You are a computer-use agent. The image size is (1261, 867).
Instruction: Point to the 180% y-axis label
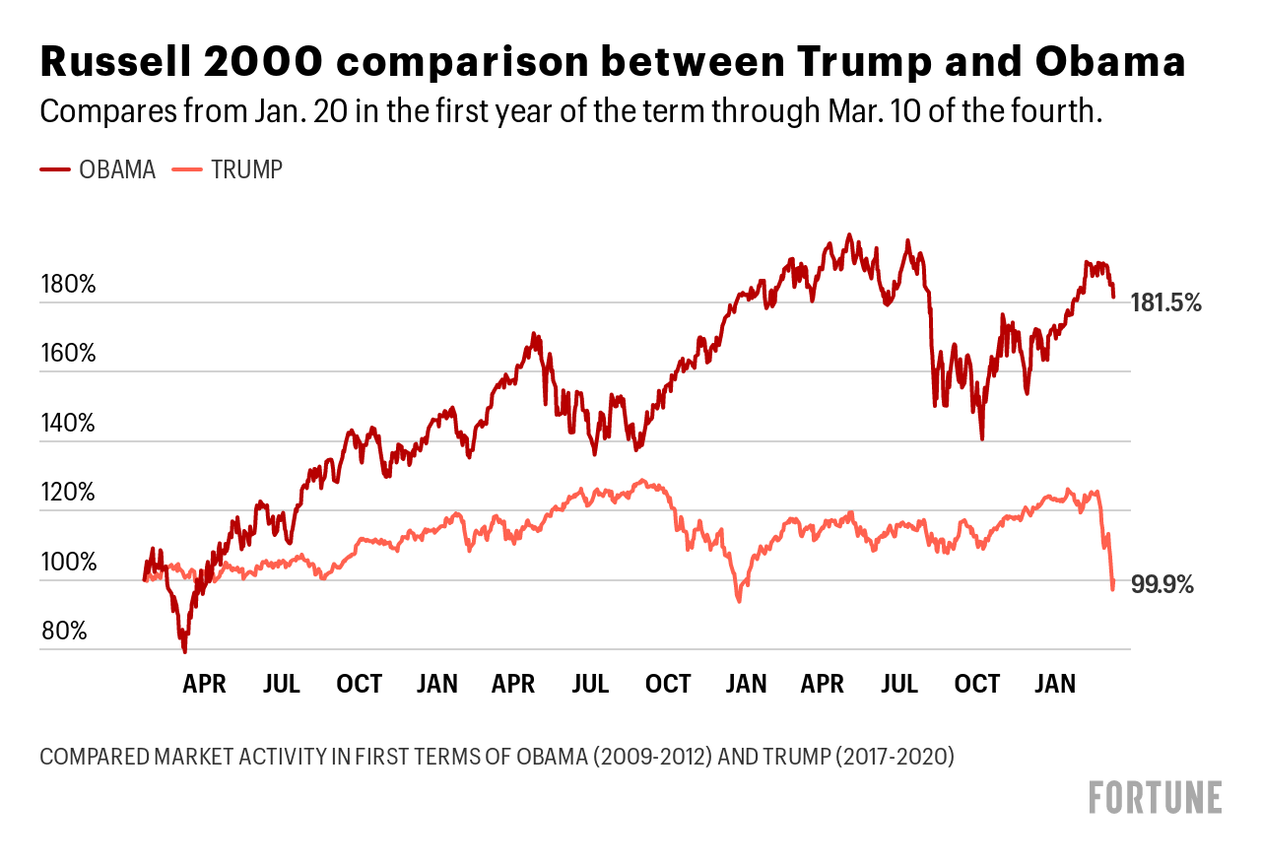click(x=68, y=286)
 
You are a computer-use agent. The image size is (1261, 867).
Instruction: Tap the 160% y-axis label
click(x=68, y=355)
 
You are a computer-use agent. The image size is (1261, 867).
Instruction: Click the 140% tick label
click(x=68, y=425)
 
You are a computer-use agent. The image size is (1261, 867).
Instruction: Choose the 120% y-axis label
click(x=68, y=494)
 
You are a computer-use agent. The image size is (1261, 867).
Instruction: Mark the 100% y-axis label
click(x=68, y=564)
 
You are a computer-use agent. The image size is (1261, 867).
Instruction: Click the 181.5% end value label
click(x=1166, y=303)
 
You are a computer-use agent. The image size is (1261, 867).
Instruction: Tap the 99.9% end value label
click(x=1162, y=585)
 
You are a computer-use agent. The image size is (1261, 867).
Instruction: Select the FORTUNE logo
click(x=1155, y=797)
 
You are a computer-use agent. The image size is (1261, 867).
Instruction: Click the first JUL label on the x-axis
click(x=282, y=684)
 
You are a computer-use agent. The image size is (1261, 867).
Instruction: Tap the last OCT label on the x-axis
click(x=978, y=684)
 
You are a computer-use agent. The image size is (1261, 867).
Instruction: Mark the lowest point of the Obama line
click(x=184, y=650)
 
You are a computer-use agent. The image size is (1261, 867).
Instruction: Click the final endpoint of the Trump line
click(x=1113, y=588)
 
